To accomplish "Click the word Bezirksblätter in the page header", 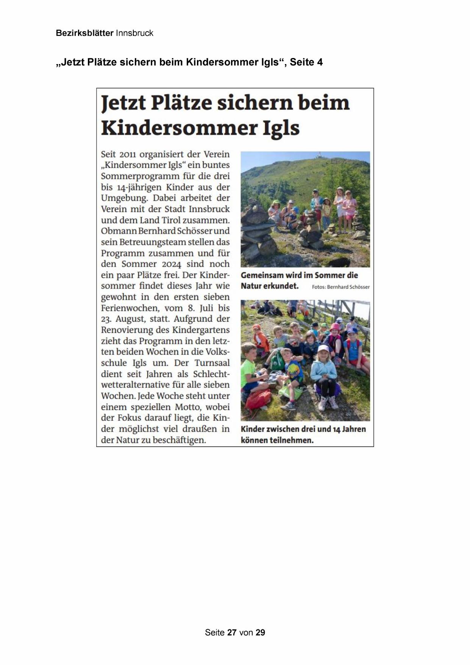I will tap(84, 33).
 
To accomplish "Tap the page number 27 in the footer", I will tap(232, 632).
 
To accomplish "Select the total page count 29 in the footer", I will tap(260, 632).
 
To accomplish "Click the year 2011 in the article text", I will tap(127, 155).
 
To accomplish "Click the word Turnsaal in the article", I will tap(212, 363).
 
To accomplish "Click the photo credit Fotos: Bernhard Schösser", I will tap(340, 287).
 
